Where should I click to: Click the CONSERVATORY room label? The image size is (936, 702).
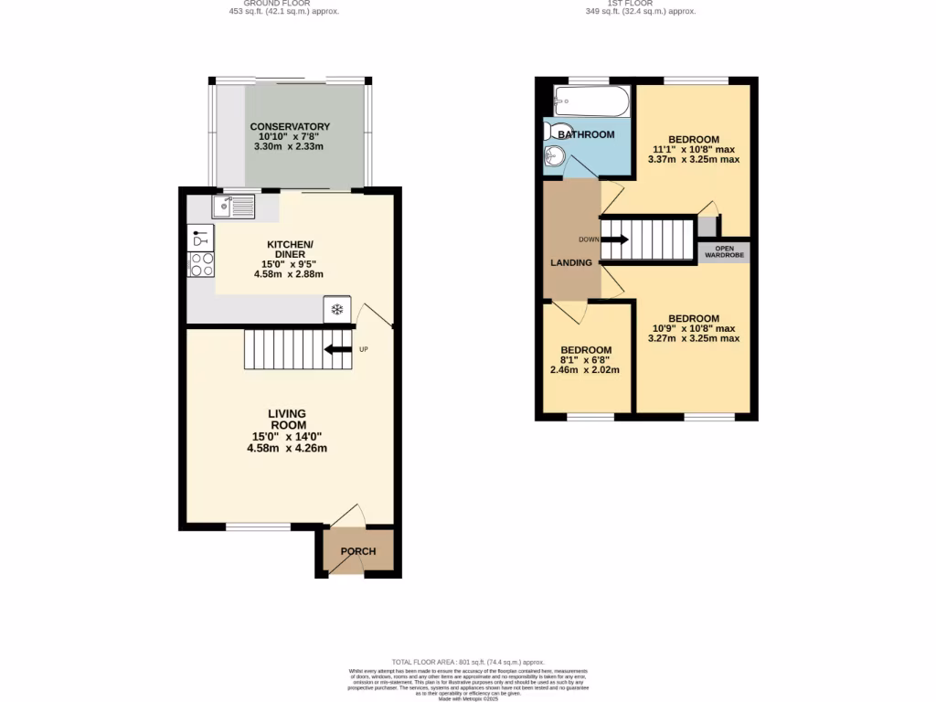click(x=290, y=126)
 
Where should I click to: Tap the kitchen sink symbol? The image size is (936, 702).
click(x=233, y=208)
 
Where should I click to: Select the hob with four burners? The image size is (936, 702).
click(x=201, y=264)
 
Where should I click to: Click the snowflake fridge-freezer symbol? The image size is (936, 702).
click(x=336, y=310)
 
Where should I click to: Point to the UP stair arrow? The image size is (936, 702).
click(x=339, y=349)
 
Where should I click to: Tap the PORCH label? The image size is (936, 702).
click(x=358, y=551)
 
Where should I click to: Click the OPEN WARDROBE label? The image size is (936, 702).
click(x=724, y=251)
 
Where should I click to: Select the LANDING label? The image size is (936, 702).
click(x=570, y=263)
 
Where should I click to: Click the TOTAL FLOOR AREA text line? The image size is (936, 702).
click(x=468, y=662)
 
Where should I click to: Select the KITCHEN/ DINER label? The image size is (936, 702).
click(x=290, y=250)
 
